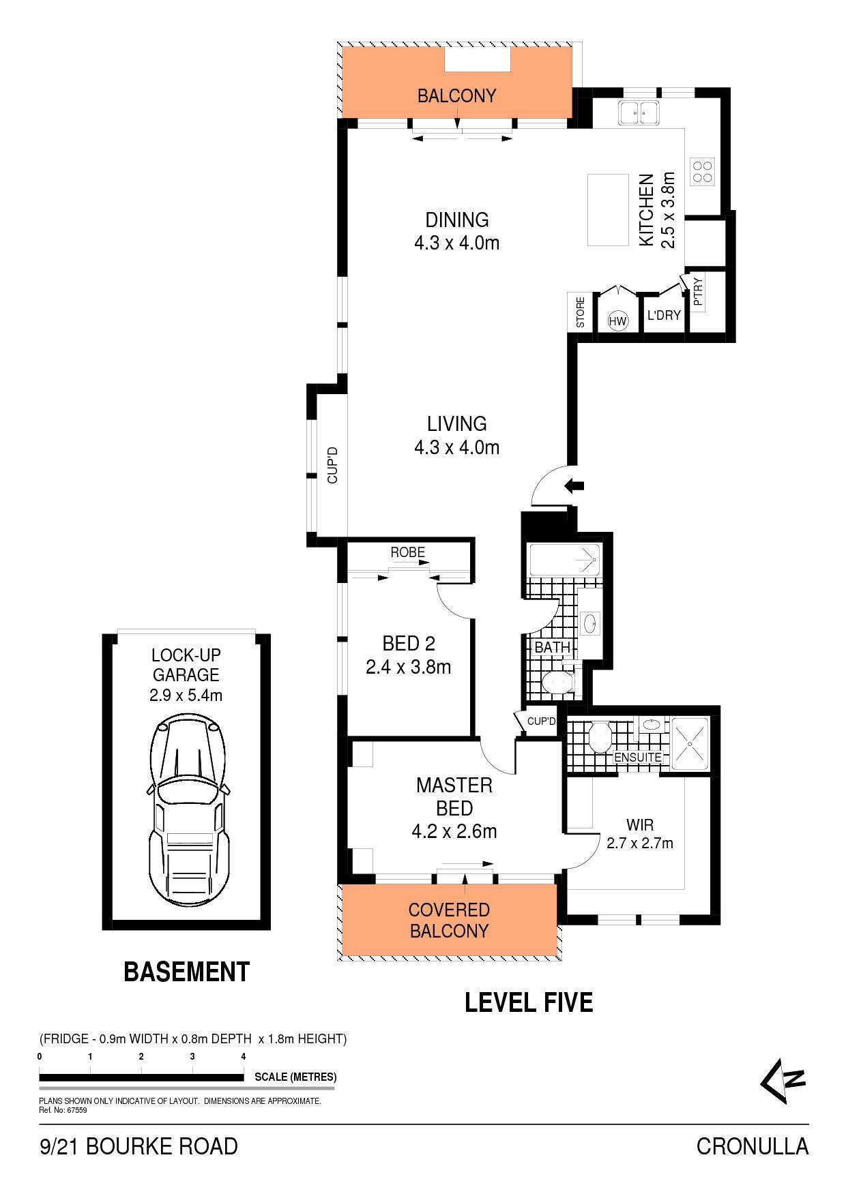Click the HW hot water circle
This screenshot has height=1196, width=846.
pyautogui.click(x=618, y=321)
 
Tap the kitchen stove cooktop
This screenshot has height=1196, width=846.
pyautogui.click(x=703, y=171)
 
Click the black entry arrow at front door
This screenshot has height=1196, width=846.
pyautogui.click(x=574, y=485)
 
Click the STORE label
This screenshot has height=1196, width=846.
pyautogui.click(x=581, y=312)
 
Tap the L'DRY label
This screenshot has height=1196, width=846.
pyautogui.click(x=664, y=315)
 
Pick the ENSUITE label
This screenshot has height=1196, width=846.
pyautogui.click(x=638, y=758)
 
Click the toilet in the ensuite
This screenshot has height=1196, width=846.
pyautogui.click(x=598, y=736)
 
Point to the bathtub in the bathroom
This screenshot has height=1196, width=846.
pyautogui.click(x=565, y=560)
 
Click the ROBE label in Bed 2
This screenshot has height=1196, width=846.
pyautogui.click(x=407, y=552)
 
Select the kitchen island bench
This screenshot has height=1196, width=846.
pyautogui.click(x=609, y=210)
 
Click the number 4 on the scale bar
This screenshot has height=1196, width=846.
pyautogui.click(x=244, y=1056)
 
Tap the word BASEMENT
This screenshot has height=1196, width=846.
pyautogui.click(x=187, y=971)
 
